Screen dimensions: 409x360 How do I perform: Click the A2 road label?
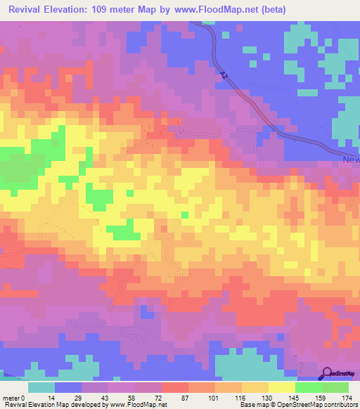tap(224, 73)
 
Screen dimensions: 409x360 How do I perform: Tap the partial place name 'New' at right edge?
tap(351, 160)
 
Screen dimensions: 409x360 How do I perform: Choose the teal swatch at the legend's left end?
tap(41, 387)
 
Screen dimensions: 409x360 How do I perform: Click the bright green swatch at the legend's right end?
tap(335, 387)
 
